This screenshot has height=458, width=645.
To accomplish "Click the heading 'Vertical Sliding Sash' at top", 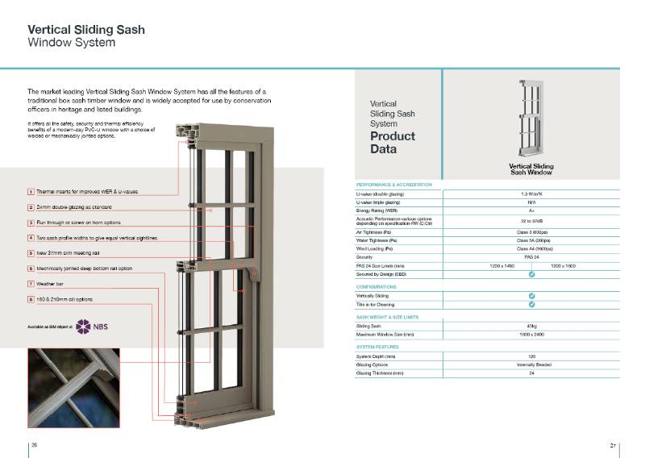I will click(86, 30).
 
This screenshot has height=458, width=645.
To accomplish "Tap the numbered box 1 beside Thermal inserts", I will click(31, 192).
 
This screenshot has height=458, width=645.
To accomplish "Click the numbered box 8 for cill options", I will click(31, 299).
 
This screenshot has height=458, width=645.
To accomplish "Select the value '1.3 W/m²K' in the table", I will click(531, 194).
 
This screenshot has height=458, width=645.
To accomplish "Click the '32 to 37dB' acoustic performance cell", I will click(531, 220).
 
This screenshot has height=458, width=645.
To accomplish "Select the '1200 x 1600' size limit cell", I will click(564, 265).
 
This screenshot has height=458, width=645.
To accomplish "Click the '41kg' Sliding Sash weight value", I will click(531, 326).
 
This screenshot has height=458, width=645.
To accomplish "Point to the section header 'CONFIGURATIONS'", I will click(376, 286).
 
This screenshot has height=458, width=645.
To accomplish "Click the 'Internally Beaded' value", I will click(531, 364).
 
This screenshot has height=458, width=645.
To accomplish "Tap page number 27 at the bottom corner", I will click(613, 445).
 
